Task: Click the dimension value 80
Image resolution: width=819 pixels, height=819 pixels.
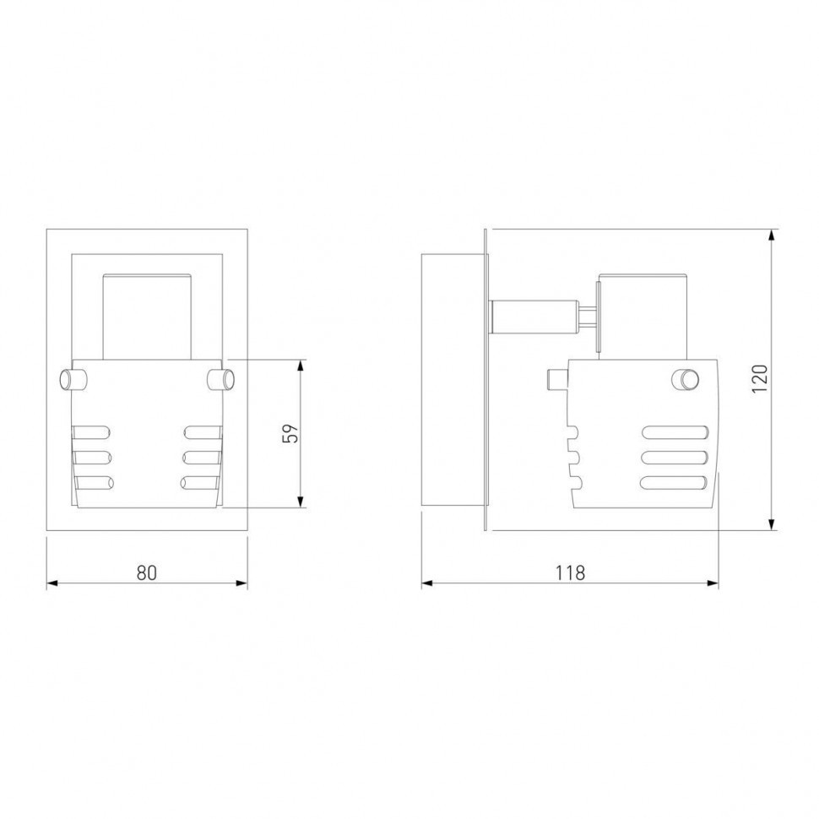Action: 147,572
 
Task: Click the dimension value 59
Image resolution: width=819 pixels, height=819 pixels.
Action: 290,433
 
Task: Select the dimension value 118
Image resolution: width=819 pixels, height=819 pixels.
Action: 570,572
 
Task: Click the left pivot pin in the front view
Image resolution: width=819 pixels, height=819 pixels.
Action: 73,379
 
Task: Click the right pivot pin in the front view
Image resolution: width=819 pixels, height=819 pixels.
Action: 220,379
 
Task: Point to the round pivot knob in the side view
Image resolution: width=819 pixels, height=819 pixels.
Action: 686,379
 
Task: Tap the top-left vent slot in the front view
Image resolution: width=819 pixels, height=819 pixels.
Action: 92,432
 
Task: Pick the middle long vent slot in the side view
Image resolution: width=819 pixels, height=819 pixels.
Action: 675,458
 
